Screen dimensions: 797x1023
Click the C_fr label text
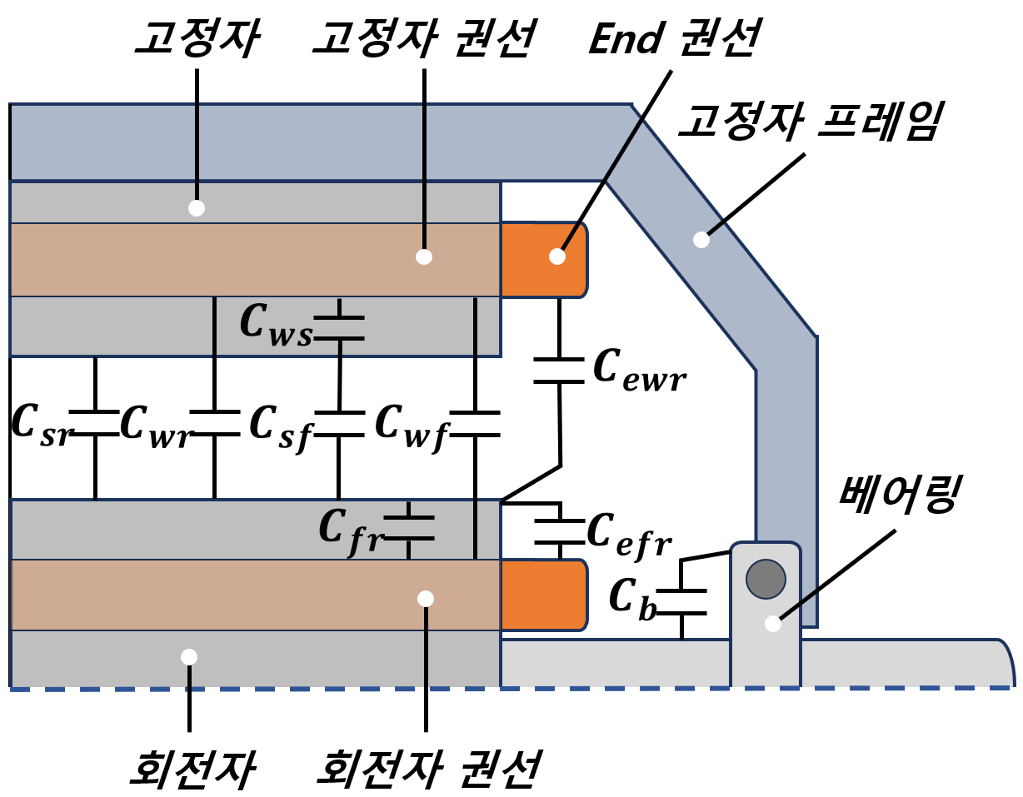pos(350,530)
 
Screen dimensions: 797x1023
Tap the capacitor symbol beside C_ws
pos(339,328)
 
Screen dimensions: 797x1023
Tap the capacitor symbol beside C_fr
pos(408,528)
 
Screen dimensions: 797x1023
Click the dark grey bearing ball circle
pos(766,579)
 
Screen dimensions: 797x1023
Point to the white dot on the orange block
pos(557,257)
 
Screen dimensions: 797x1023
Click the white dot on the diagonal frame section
pos(701,240)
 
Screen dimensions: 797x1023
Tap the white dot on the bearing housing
pos(773,624)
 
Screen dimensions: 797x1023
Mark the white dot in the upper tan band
pos(424,257)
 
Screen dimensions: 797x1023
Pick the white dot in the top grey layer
pos(197,208)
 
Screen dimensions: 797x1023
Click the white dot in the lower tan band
pos(426,599)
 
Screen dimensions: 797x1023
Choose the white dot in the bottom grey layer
pos(189,657)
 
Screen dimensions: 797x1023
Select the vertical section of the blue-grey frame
pos(786,450)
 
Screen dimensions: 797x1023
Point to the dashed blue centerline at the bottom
pos(583,689)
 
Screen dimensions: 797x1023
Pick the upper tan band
pos(250,260)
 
